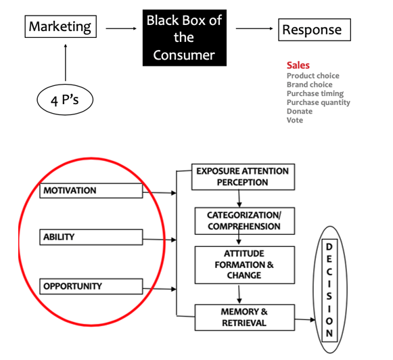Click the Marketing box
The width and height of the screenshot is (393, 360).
tap(60, 28)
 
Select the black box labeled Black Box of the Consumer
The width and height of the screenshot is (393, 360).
tap(183, 37)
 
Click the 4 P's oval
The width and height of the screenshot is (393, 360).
tap(64, 102)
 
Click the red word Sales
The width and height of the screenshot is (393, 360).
tap(298, 66)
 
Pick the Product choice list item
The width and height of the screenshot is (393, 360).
tap(313, 76)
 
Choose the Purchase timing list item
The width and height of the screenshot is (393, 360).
tap(315, 93)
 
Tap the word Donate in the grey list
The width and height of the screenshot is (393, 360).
tap(299, 111)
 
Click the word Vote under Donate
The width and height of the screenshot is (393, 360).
tap(295, 120)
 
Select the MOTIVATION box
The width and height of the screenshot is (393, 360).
tap(91, 191)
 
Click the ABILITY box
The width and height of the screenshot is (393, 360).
tap(91, 238)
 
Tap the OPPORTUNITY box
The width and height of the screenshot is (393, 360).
tap(91, 286)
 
